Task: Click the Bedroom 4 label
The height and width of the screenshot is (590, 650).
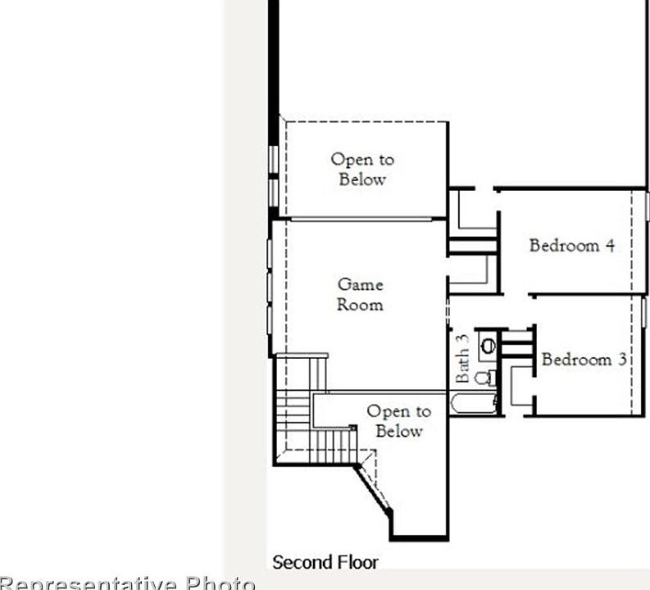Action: (x=571, y=245)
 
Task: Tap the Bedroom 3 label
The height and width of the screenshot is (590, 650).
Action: (x=584, y=359)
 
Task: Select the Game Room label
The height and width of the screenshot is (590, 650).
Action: (x=360, y=294)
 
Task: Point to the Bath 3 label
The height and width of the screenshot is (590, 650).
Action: (x=462, y=358)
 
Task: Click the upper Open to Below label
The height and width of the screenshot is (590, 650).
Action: (x=361, y=169)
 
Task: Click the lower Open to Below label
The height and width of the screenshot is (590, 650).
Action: (x=398, y=421)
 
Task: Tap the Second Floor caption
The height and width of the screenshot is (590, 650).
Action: (x=325, y=562)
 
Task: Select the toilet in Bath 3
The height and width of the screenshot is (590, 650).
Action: (x=486, y=378)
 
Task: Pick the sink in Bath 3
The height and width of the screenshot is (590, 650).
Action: (x=489, y=346)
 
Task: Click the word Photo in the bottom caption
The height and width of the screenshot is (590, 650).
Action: (x=220, y=583)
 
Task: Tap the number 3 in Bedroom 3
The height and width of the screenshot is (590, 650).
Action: (x=622, y=359)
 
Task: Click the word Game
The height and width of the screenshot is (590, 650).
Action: (x=361, y=284)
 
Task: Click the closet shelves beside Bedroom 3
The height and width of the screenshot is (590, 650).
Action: (x=516, y=343)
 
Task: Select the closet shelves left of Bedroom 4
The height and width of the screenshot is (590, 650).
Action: (x=472, y=246)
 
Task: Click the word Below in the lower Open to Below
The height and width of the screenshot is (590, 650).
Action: (x=399, y=431)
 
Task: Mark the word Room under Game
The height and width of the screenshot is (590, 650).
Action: (x=360, y=305)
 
